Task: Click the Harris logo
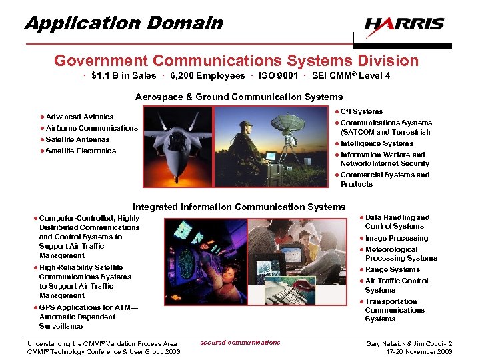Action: pyautogui.click(x=404, y=25)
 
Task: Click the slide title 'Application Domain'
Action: pyautogui.click(x=124, y=23)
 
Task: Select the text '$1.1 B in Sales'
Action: pyautogui.click(x=124, y=76)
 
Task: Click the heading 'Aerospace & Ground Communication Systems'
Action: pyautogui.click(x=239, y=97)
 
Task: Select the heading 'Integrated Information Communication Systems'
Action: pyautogui.click(x=239, y=207)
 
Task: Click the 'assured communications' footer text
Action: pyautogui.click(x=240, y=343)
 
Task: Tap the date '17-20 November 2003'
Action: pyautogui.click(x=419, y=351)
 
